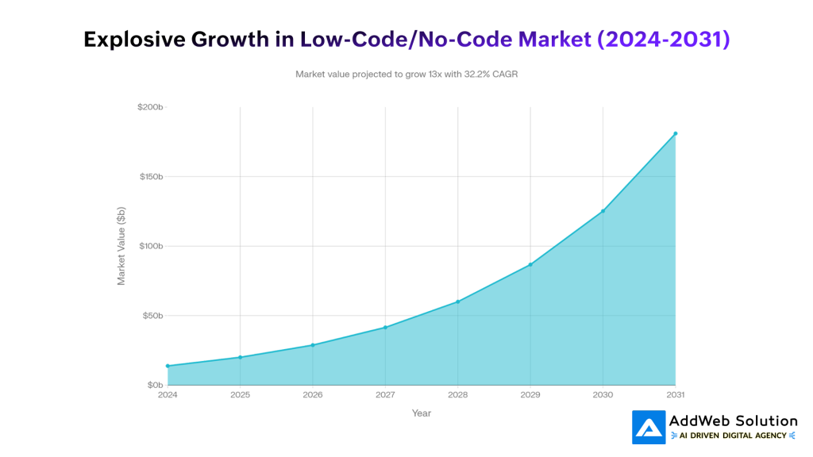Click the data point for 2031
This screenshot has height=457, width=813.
tap(676, 133)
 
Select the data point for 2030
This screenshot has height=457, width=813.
tap(603, 211)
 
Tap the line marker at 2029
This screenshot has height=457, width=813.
tap(530, 264)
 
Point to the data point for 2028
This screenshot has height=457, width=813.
tap(458, 301)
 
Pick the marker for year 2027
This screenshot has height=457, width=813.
tap(385, 327)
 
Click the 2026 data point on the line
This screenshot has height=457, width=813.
tap(313, 345)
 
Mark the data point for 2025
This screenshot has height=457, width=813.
tap(240, 357)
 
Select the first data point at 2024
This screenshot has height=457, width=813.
tap(168, 366)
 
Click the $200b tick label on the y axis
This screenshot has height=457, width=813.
tap(150, 107)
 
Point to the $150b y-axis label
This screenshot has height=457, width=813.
tap(150, 177)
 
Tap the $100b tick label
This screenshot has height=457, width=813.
tap(150, 246)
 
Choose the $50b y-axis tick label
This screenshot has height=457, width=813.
tap(152, 316)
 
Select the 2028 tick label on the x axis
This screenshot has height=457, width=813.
tap(458, 394)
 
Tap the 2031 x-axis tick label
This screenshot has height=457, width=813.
tap(676, 394)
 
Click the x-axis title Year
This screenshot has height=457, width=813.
tap(422, 413)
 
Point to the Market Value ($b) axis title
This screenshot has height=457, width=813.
tap(121, 246)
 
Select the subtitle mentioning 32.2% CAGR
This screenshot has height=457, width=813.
tap(406, 74)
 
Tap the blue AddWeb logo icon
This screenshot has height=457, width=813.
tap(649, 427)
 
